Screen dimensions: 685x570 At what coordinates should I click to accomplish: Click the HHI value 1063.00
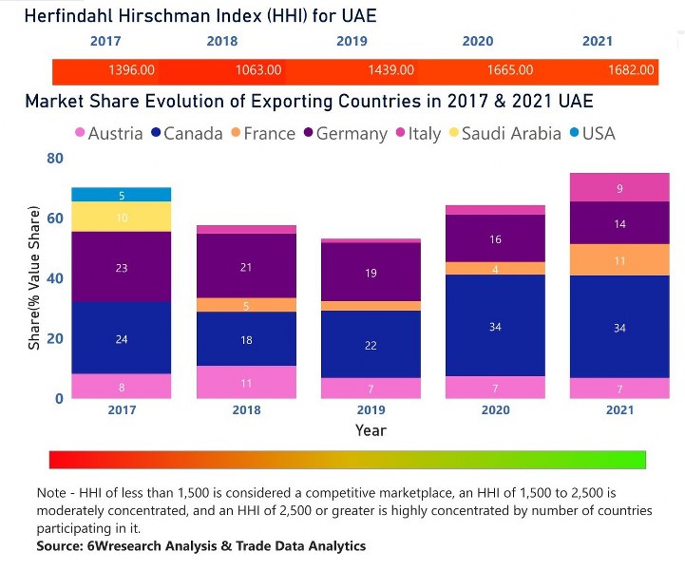coord(258,70)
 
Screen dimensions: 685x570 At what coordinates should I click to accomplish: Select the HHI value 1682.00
coord(631,70)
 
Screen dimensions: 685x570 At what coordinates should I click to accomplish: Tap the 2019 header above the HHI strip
coord(352,41)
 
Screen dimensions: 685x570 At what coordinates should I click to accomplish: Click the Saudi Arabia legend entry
coord(505,133)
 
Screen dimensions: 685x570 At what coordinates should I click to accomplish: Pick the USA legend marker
coord(575,132)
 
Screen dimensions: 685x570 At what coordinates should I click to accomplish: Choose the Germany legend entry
coord(346,134)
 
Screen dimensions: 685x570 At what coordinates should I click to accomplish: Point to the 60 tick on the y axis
coord(55,218)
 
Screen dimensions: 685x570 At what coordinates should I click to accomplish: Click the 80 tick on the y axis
coord(55,158)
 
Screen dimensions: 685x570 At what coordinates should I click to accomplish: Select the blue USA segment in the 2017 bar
coord(122,195)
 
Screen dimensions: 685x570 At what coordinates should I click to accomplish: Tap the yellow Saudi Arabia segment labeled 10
coord(122,217)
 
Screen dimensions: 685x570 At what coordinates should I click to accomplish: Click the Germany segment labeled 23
coord(122,267)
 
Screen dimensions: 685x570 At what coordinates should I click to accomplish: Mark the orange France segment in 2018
coord(246,305)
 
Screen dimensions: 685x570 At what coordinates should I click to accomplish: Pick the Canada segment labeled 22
coord(371,344)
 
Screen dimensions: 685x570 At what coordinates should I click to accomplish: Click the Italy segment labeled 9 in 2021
coord(619,187)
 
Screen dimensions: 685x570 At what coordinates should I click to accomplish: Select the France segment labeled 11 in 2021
coord(619,260)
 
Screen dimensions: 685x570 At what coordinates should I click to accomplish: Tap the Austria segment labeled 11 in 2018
coord(246,382)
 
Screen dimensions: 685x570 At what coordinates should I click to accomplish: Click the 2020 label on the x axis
coord(495,410)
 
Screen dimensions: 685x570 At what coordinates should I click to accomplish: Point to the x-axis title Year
coord(371,430)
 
